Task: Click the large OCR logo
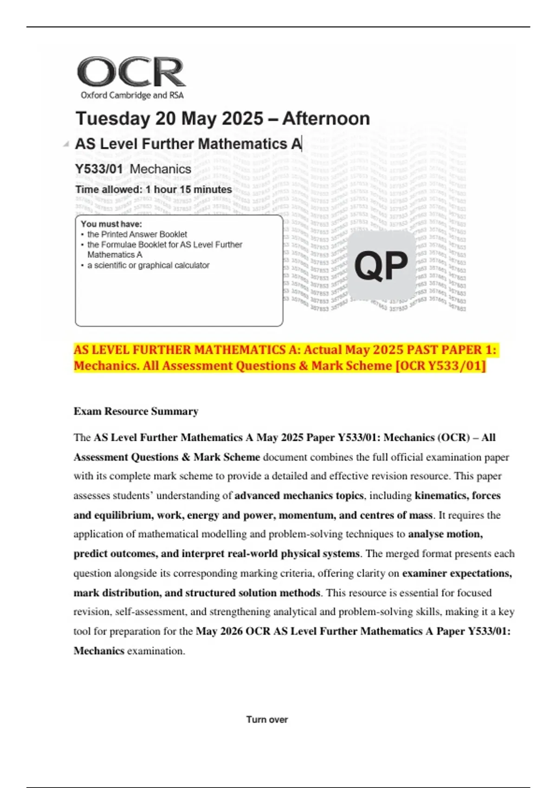click(x=131, y=72)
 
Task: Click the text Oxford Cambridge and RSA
click(x=132, y=95)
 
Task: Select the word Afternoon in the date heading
click(x=326, y=119)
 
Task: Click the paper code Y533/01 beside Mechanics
click(x=99, y=169)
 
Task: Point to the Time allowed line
click(x=154, y=190)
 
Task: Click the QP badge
click(x=381, y=266)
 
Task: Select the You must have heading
click(x=111, y=224)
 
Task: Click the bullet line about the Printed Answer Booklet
click(x=137, y=235)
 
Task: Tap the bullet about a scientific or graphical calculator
click(x=148, y=265)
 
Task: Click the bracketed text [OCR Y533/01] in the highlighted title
click(x=440, y=366)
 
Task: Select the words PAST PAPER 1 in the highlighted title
click(x=451, y=350)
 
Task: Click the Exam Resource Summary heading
click(x=136, y=411)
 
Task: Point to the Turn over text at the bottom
click(x=267, y=719)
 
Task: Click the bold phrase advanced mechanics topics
click(x=299, y=496)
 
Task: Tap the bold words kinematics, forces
click(x=457, y=496)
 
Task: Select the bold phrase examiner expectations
click(x=457, y=573)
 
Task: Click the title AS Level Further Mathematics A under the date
click(x=188, y=144)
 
